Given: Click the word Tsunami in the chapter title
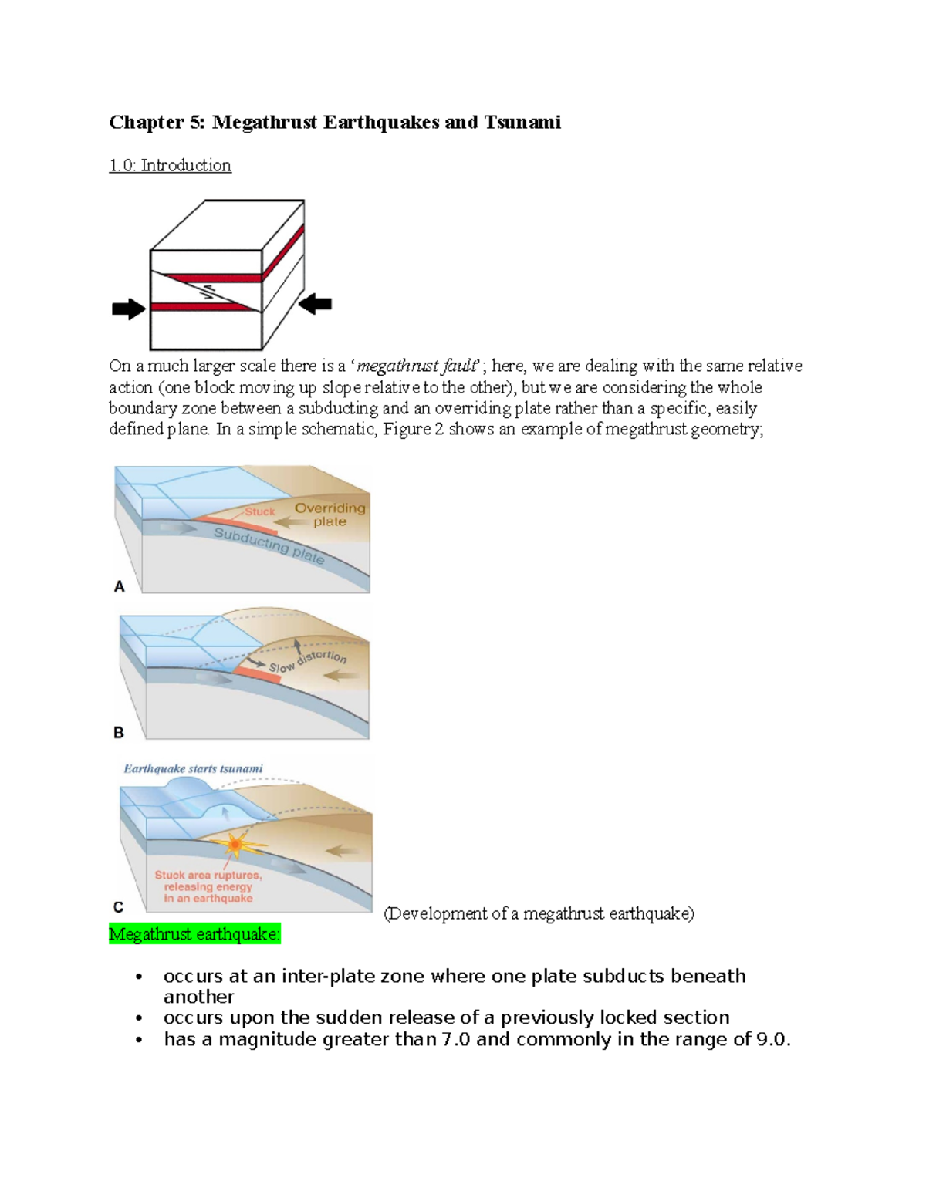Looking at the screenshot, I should point(522,122).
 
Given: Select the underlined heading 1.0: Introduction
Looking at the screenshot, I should point(170,165).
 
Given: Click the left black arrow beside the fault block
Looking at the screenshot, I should point(128,309).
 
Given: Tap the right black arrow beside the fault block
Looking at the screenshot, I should point(315,304).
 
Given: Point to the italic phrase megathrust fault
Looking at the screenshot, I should point(417,366).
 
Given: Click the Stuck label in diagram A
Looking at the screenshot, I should point(260,511).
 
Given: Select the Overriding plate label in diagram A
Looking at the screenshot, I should point(330,515).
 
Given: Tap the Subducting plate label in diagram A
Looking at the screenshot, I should point(269,545).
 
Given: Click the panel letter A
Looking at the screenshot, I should point(120,586).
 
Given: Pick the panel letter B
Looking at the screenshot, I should point(119,732).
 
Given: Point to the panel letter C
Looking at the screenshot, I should point(119,906).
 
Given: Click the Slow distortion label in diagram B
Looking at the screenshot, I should point(308,661).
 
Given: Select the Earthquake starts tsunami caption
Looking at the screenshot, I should point(193,768).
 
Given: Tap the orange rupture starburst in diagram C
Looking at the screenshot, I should point(235,845).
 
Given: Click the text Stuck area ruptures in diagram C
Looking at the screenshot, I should point(208,875).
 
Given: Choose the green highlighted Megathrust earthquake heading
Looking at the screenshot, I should point(194,934).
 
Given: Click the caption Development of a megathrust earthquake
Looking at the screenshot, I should point(539,913).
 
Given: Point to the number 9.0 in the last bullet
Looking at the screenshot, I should point(772,1039).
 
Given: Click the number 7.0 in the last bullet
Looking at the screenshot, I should point(455,1039).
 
